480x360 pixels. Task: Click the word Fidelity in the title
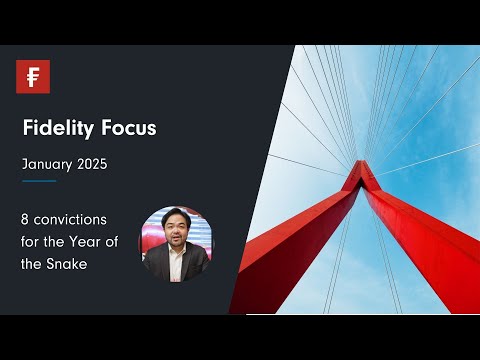point(55,130)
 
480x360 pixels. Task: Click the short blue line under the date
point(39,181)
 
